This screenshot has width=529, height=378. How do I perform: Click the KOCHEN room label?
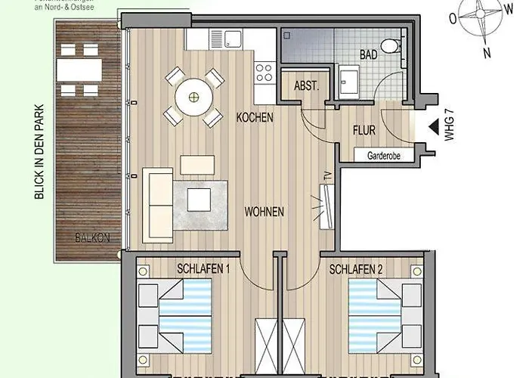(x=255, y=118)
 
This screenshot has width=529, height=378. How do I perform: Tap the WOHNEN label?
(x=264, y=212)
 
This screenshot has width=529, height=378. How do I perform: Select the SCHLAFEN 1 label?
(x=203, y=268)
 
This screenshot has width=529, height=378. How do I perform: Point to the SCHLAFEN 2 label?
(x=355, y=268)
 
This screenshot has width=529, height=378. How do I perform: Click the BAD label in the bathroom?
(x=368, y=56)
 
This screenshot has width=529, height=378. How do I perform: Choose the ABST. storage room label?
(x=307, y=86)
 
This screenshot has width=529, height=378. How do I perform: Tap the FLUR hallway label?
(x=364, y=130)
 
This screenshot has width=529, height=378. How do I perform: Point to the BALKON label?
(x=92, y=237)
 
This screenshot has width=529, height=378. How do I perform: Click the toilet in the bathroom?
(x=391, y=48)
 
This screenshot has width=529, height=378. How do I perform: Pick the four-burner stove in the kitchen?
(x=265, y=73)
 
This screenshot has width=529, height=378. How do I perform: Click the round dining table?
(x=193, y=97)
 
